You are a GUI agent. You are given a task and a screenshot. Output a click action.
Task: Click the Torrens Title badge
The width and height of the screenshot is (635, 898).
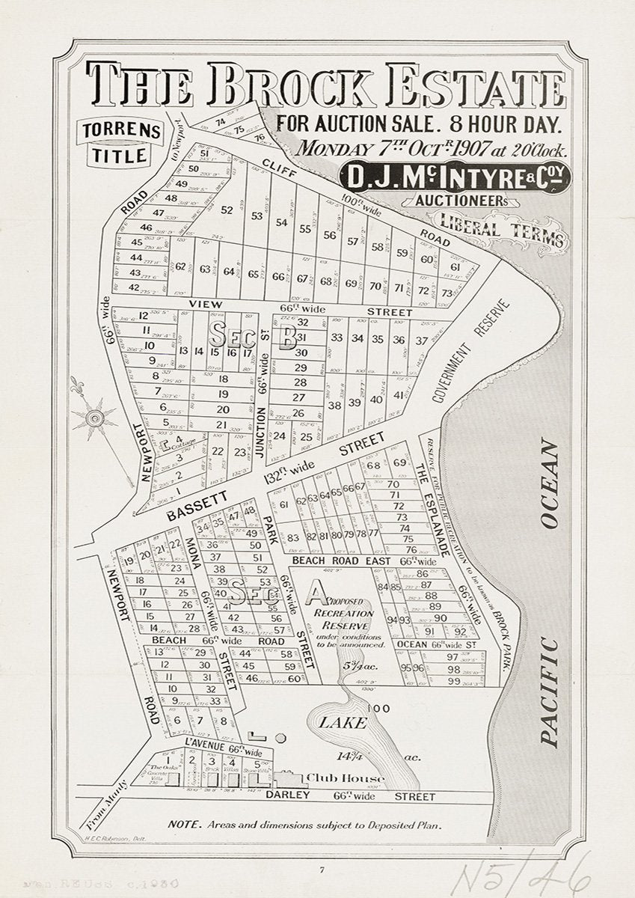122,142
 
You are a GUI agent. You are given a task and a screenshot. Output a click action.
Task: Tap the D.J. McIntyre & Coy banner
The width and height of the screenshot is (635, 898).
455,177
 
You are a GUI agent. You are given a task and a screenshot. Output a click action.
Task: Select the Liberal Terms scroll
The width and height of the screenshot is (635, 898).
502,227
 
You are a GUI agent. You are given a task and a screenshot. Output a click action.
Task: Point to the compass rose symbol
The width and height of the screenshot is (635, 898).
95,417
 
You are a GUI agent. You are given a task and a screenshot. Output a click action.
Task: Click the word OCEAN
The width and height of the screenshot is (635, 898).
549,485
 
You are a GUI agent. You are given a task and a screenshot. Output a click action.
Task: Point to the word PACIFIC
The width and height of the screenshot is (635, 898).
550,692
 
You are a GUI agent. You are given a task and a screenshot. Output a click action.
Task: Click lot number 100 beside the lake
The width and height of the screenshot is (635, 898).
379,708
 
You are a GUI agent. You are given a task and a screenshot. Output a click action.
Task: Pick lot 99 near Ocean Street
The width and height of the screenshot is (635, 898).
453,681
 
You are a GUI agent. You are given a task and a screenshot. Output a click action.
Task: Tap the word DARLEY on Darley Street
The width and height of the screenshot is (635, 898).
287,795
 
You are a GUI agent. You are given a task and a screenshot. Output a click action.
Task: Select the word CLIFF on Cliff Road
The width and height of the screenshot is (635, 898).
280,173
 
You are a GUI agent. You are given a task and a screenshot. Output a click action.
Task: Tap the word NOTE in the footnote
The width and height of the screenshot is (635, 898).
184,825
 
